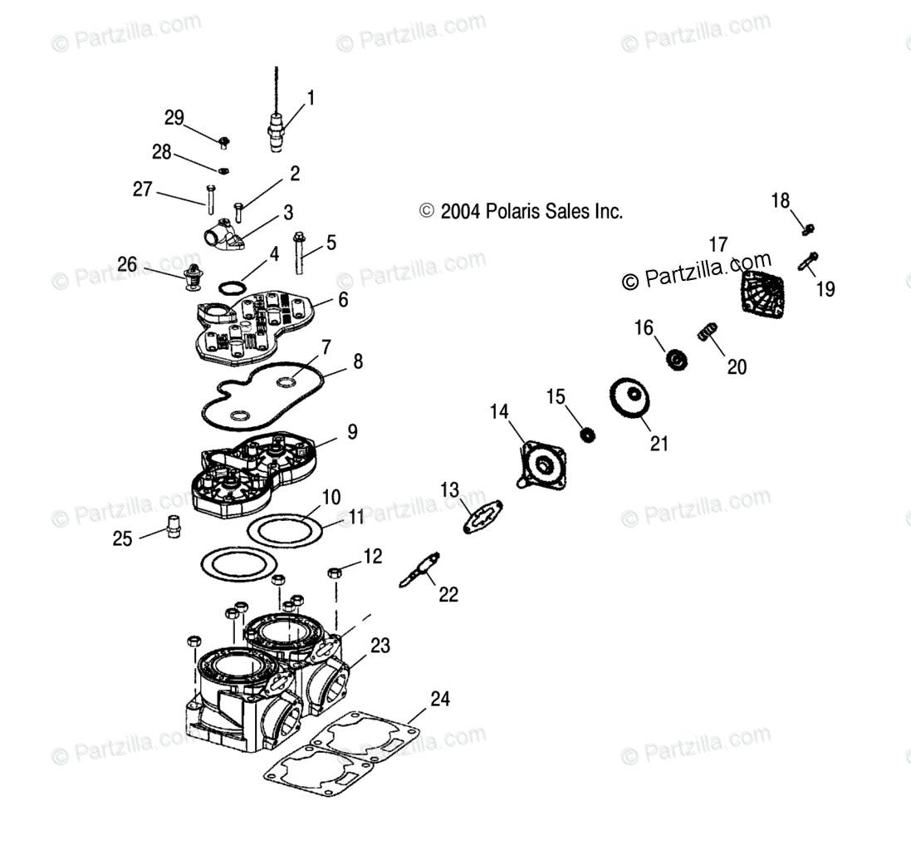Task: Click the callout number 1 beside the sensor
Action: pos(311,98)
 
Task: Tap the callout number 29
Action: pos(174,118)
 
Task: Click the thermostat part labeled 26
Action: pos(193,282)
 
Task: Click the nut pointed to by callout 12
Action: pos(335,572)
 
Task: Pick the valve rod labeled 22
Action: pos(419,571)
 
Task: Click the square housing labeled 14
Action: pos(541,464)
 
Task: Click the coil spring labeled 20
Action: pos(708,334)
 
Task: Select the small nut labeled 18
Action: pos(811,228)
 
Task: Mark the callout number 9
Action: pos(352,432)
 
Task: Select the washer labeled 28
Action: pos(223,170)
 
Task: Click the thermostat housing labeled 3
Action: pos(226,238)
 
